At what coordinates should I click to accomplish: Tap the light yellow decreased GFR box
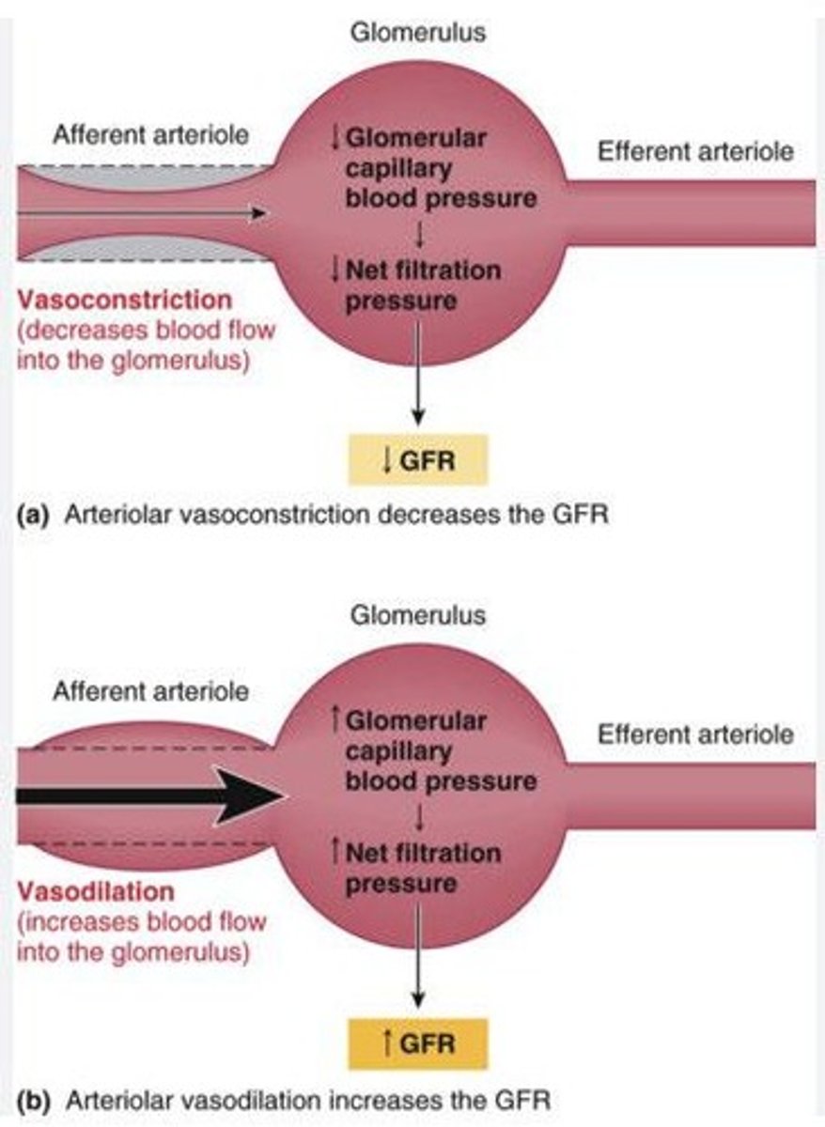419,460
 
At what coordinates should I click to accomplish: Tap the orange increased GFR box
419,1043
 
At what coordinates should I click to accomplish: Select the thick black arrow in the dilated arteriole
150,795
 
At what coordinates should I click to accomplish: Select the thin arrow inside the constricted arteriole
141,214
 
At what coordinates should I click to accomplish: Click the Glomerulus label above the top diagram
418,33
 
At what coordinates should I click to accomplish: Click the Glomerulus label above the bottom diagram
418,616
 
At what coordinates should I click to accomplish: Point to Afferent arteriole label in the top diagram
150,134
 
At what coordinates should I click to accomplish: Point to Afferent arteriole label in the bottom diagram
150,692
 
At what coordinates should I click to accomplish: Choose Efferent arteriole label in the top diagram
695,150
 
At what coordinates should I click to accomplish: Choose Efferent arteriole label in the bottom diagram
695,733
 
